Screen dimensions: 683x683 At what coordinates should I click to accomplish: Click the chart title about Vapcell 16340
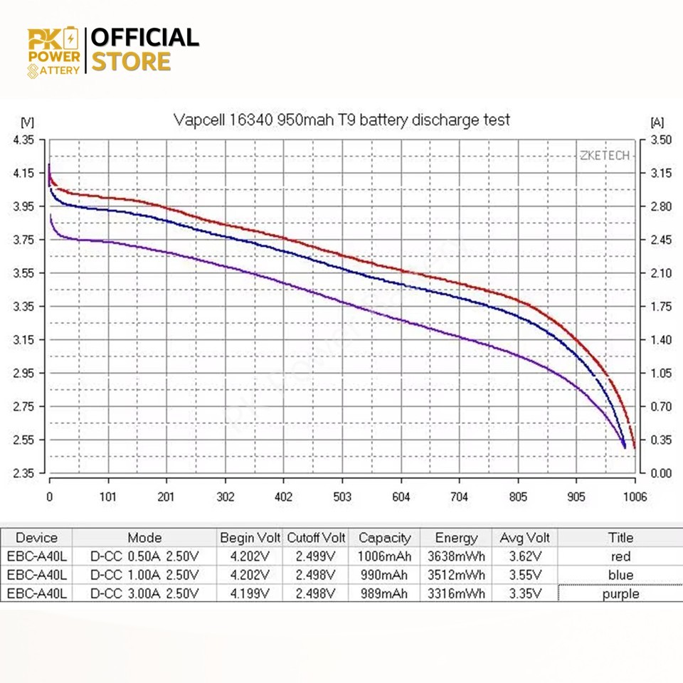(x=341, y=120)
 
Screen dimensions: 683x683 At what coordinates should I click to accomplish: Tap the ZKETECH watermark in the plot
(x=605, y=155)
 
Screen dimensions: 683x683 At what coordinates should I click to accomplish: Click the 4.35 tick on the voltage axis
(x=23, y=140)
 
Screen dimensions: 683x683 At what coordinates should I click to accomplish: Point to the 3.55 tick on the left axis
(x=23, y=273)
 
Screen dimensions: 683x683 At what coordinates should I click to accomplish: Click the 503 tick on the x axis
(x=343, y=497)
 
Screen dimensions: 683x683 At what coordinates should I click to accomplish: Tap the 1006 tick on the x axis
(x=635, y=497)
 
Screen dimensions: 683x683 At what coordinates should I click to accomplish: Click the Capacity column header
(x=384, y=538)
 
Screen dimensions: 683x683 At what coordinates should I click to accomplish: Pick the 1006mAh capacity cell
(x=384, y=556)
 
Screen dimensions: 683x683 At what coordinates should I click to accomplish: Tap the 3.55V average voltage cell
(x=526, y=575)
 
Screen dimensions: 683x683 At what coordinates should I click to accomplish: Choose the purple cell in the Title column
(x=620, y=593)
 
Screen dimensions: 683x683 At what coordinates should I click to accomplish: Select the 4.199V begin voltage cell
(x=249, y=593)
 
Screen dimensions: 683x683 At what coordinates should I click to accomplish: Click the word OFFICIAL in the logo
(x=145, y=37)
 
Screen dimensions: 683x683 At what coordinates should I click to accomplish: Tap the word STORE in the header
(x=132, y=61)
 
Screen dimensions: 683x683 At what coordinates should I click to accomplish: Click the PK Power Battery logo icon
(x=53, y=52)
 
